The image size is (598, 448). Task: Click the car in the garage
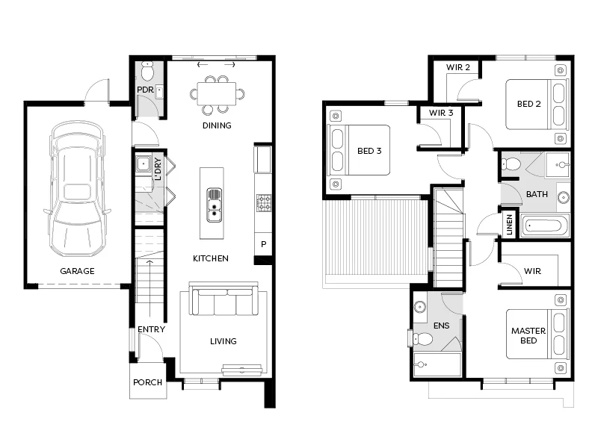pyautogui.click(x=75, y=190)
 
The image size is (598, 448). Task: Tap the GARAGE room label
pyautogui.click(x=78, y=271)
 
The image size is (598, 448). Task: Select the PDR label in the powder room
pyautogui.click(x=144, y=91)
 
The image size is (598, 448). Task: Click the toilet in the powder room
pyautogui.click(x=147, y=72)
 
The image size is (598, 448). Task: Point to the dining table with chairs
pyautogui.click(x=217, y=93)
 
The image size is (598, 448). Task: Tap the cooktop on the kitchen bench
pyautogui.click(x=264, y=202)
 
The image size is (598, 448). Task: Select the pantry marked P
pyautogui.click(x=263, y=244)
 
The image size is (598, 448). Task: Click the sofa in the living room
pyautogui.click(x=224, y=303)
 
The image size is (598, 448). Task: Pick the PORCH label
pyautogui.click(x=147, y=382)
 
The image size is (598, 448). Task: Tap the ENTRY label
pyautogui.click(x=151, y=329)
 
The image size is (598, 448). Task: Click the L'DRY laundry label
pyautogui.click(x=158, y=169)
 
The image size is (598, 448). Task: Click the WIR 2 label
pyautogui.click(x=458, y=67)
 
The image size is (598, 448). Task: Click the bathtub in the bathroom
pyautogui.click(x=545, y=225)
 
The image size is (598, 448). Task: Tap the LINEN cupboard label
pyautogui.click(x=509, y=224)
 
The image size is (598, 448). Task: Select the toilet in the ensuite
pyautogui.click(x=423, y=339)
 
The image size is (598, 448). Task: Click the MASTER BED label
pyautogui.click(x=528, y=335)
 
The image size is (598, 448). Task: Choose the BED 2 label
pyautogui.click(x=528, y=104)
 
